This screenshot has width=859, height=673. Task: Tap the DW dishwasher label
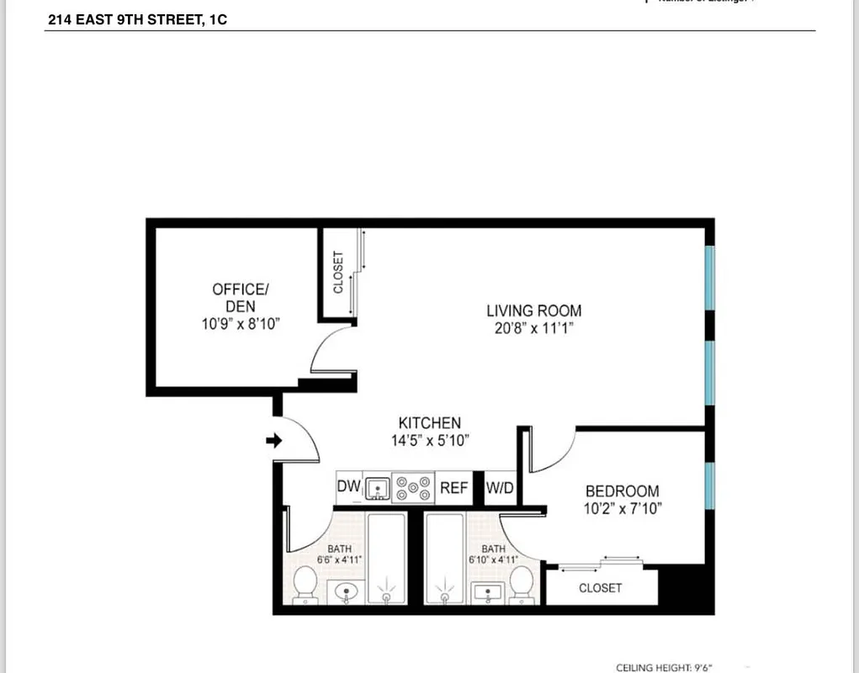(x=348, y=487)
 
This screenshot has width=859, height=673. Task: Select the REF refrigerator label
(x=454, y=487)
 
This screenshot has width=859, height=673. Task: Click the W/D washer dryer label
(x=499, y=487)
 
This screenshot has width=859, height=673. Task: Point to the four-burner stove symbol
(x=413, y=488)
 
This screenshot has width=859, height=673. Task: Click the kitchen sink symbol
(x=378, y=488)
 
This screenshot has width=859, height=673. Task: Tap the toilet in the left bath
(x=305, y=583)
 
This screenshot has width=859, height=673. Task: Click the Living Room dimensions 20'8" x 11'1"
(x=533, y=329)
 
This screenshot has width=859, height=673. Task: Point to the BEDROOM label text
(x=622, y=491)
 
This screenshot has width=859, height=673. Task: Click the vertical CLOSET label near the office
(x=338, y=272)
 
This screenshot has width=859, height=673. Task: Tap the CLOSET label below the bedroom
(x=600, y=588)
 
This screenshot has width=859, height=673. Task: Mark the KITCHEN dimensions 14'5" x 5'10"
(x=429, y=440)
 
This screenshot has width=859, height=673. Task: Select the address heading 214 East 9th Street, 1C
(x=137, y=19)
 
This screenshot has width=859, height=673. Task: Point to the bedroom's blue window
(x=709, y=485)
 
